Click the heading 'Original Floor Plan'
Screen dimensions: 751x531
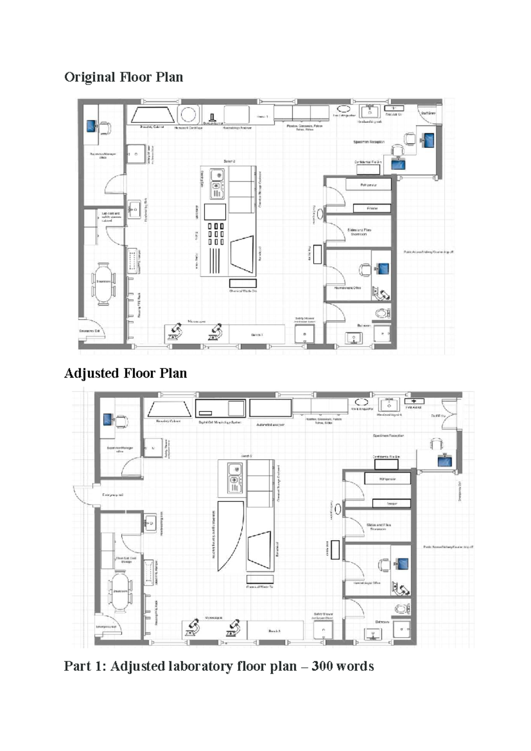coord(123,77)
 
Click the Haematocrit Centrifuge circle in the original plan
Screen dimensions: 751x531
coord(189,115)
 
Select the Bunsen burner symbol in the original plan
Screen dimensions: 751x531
coord(212,118)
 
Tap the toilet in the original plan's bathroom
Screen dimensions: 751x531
coord(381,314)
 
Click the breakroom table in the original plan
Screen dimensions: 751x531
coord(104,283)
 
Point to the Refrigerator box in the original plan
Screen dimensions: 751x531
coord(369,184)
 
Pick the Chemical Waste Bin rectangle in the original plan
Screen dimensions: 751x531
coord(242,283)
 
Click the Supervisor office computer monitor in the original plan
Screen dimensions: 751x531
coord(92,127)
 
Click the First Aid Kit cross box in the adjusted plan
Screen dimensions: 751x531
coord(414,401)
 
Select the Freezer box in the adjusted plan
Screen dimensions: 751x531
coord(391,503)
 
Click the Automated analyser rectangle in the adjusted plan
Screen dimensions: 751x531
coord(270,408)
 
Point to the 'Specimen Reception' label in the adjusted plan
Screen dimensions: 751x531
coord(388,436)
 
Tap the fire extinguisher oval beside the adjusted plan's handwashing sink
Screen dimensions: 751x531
coord(362,402)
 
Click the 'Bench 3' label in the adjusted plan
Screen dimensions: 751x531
coord(274,631)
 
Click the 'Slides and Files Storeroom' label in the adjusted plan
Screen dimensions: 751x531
coord(378,527)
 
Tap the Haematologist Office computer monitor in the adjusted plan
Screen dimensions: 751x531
coord(403,564)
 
